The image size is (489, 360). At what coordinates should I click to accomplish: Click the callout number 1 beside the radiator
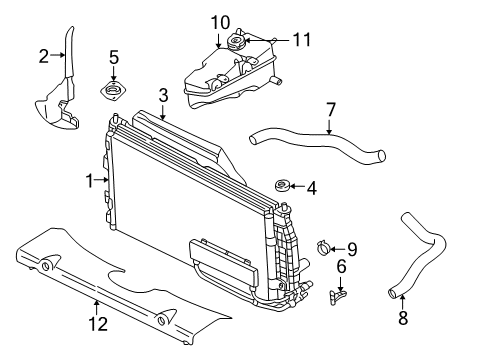pos(90,180)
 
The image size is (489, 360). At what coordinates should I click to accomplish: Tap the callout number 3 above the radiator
pos(162,95)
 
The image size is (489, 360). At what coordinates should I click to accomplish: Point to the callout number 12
pos(96,323)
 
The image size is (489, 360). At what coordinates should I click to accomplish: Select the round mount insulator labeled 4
pos(281,186)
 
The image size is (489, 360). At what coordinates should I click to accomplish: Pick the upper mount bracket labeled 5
pos(113,92)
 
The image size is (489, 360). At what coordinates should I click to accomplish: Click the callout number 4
pos(312,186)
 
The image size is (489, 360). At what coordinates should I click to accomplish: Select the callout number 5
pos(114,56)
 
